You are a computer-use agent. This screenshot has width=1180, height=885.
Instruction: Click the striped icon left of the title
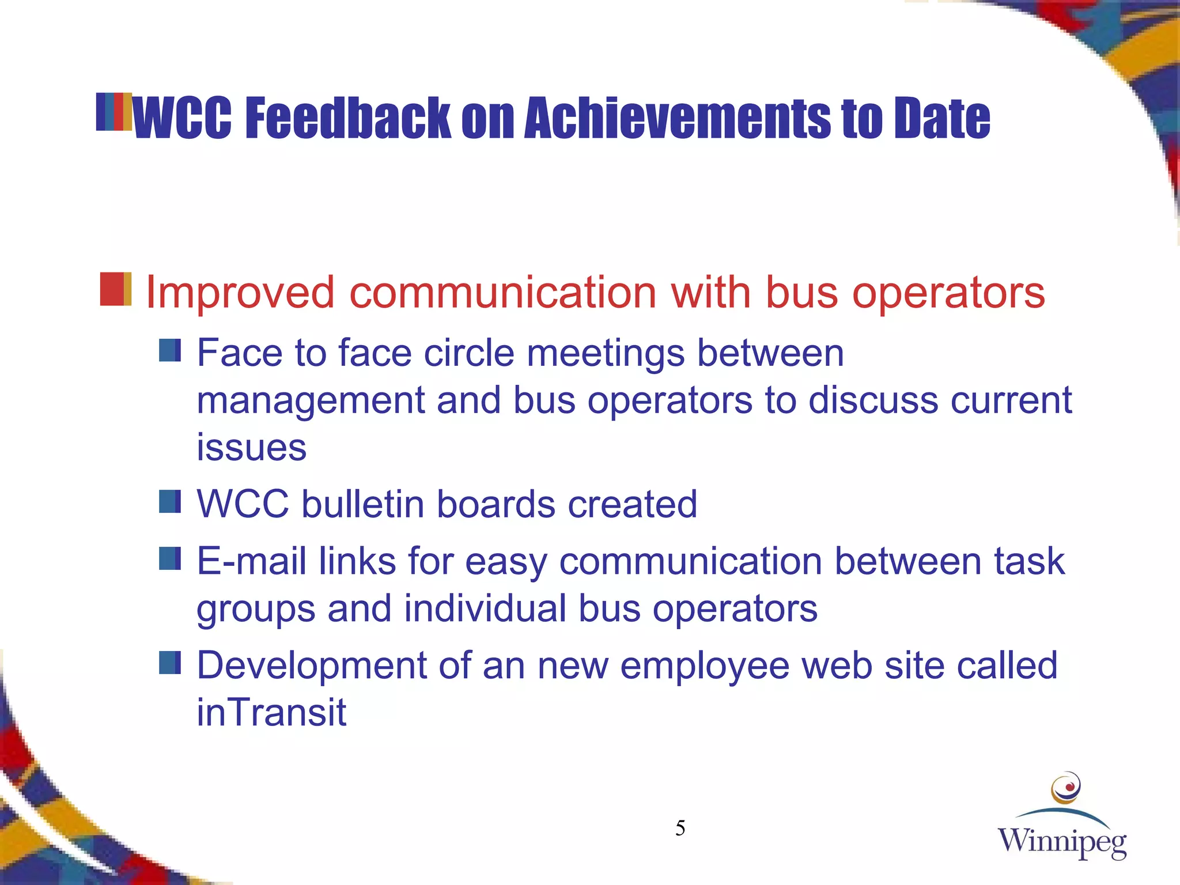click(x=114, y=112)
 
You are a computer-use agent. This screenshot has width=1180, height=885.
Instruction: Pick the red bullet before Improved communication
click(x=115, y=289)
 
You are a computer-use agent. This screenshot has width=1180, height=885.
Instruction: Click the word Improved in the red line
click(x=240, y=293)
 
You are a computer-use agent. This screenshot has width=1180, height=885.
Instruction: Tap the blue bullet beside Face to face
click(x=170, y=350)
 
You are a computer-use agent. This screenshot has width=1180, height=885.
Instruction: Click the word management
click(x=311, y=401)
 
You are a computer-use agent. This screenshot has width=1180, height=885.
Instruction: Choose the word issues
click(x=251, y=448)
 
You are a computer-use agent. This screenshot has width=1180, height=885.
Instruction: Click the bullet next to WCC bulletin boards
click(x=170, y=502)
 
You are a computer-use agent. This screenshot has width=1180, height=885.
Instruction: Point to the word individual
click(x=485, y=608)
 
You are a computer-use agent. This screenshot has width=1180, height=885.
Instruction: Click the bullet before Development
click(x=170, y=663)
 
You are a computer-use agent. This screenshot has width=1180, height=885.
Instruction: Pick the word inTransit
click(x=271, y=712)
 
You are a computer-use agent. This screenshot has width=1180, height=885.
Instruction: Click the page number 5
click(x=680, y=829)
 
